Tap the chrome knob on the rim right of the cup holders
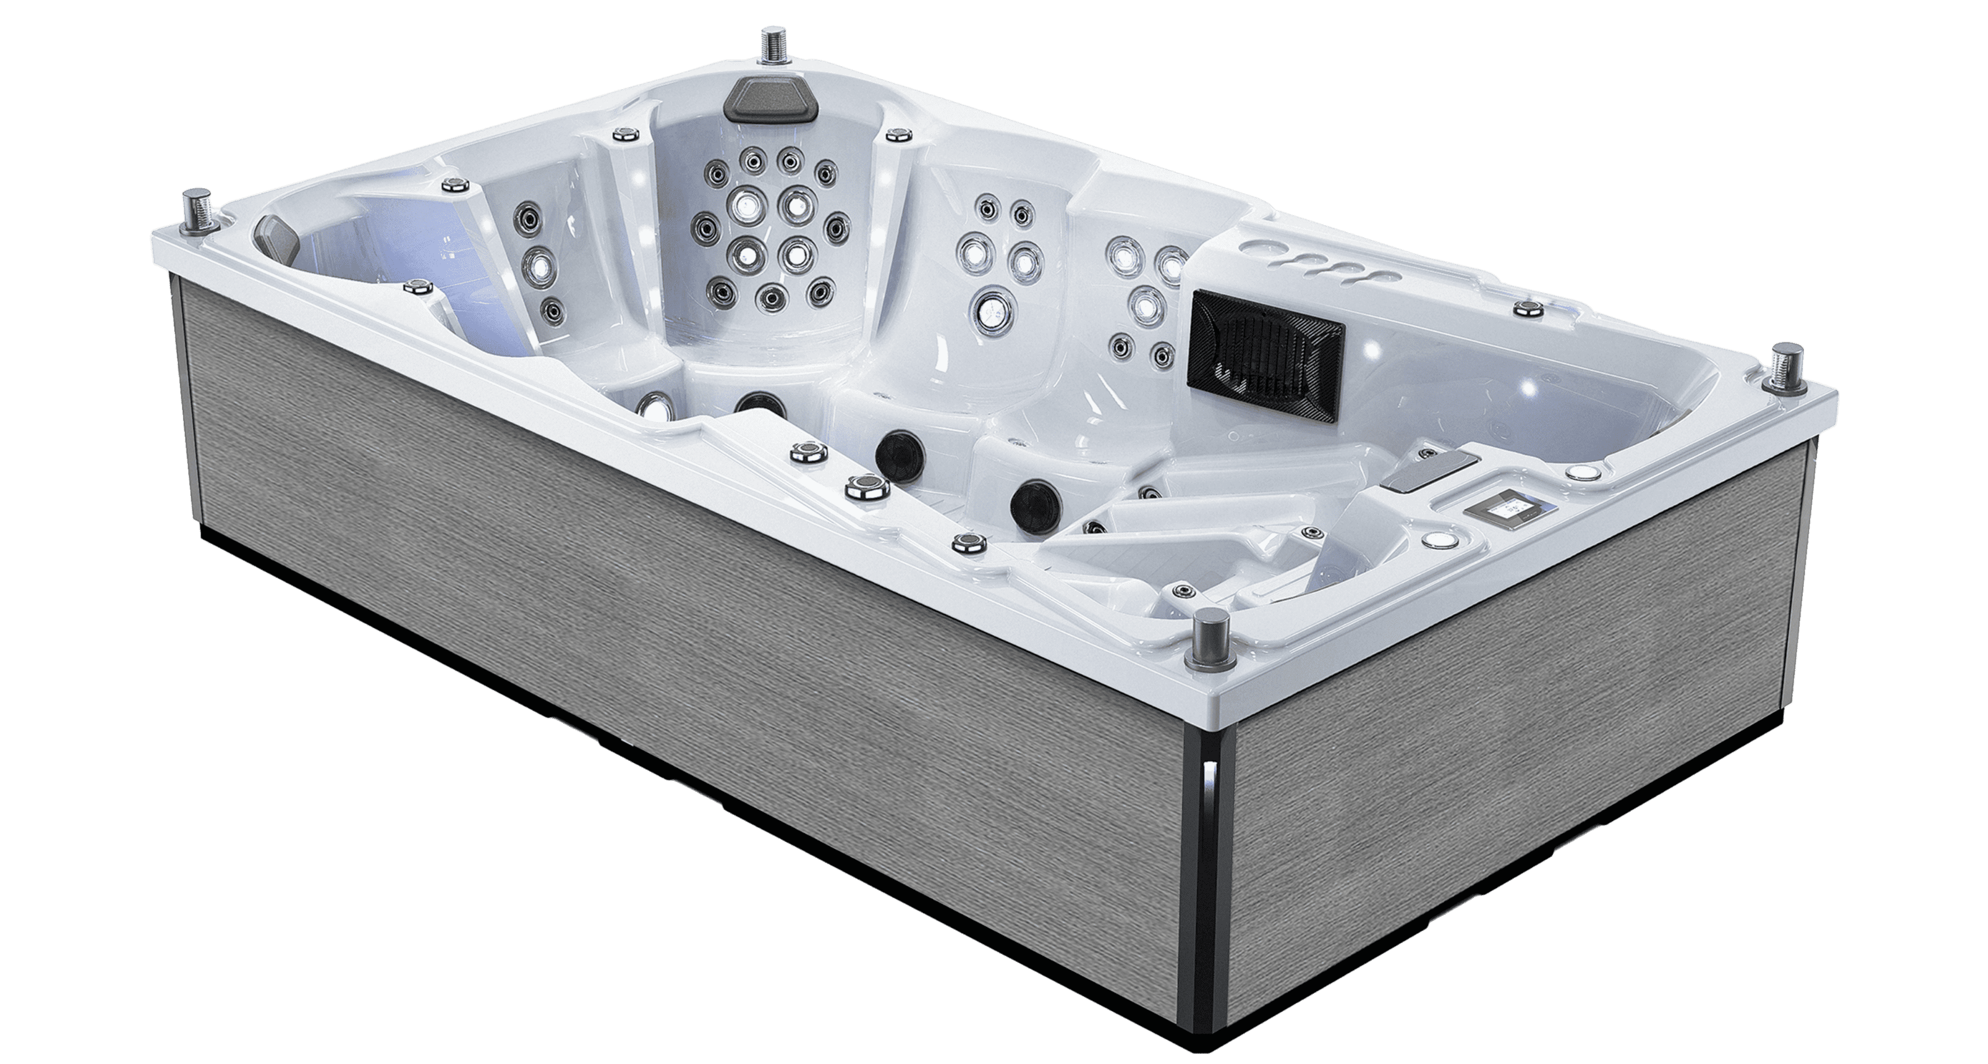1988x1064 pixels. pos(1525,309)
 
